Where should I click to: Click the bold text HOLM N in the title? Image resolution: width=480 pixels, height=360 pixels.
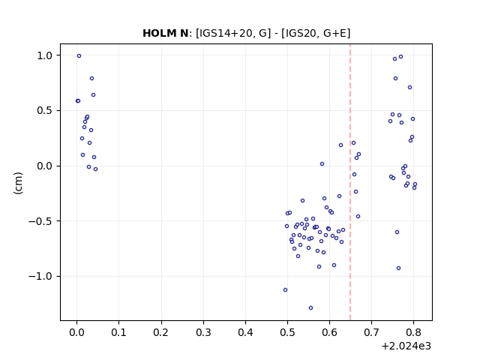coord(165,33)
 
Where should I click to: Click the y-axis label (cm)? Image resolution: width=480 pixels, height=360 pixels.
coord(18,183)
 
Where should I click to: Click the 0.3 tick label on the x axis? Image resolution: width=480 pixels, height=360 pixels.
coord(203,332)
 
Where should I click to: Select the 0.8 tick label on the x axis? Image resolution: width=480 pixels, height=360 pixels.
coord(413,332)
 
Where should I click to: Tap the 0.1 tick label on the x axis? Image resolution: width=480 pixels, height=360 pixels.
coord(118,332)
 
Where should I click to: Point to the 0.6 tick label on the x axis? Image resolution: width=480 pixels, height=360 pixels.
coord(329,332)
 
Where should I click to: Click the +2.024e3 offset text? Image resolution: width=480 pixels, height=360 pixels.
coord(406,346)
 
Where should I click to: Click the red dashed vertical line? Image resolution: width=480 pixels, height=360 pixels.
coord(350,182)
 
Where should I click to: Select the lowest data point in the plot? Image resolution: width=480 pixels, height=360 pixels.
coord(310,308)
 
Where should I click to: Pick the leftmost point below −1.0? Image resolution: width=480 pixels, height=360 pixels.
coord(285,290)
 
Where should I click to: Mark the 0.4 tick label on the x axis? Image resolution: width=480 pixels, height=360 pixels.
coord(245,332)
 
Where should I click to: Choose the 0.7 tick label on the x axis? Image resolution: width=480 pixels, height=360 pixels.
coord(371,332)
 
